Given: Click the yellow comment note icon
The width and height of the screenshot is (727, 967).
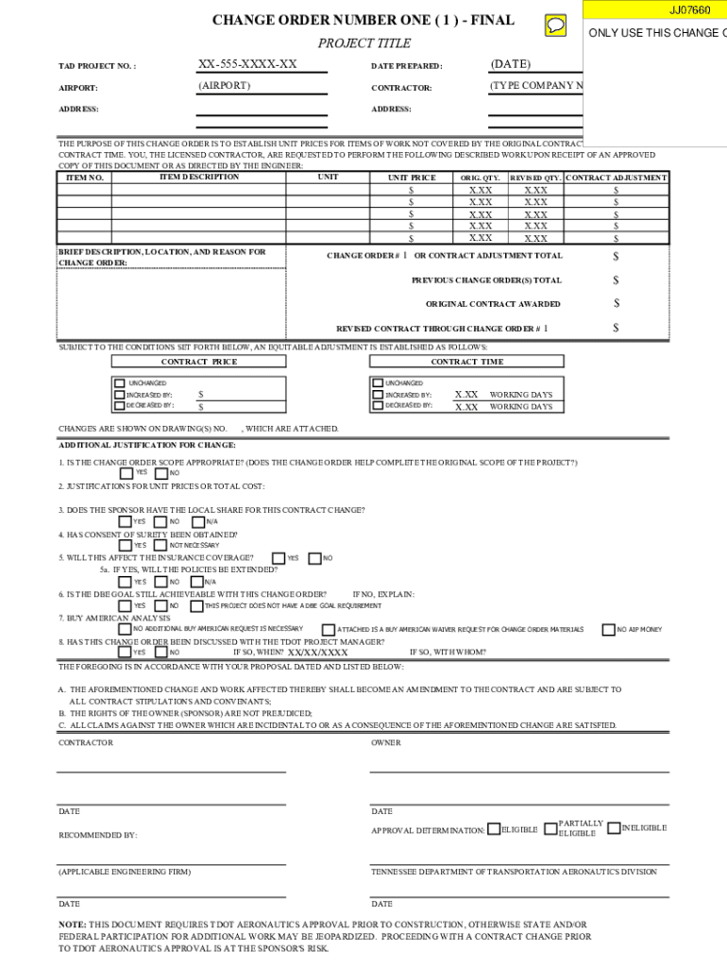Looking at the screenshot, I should tap(556, 25).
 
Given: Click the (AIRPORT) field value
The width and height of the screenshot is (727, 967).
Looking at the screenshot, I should tap(224, 86).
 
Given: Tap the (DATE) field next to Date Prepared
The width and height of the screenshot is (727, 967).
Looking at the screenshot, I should tap(511, 64).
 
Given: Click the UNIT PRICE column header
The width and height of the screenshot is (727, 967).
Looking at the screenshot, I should tap(412, 178).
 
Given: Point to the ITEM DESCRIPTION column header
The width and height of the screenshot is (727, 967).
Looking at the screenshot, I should tap(199, 178).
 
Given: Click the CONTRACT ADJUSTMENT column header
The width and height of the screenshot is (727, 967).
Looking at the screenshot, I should tap(617, 178).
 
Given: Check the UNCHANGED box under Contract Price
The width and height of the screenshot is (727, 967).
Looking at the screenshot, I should tap(120, 383).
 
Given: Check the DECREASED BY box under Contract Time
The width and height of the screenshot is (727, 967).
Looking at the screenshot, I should tap(379, 406).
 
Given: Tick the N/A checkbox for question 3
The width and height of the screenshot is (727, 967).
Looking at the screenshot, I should tap(197, 522).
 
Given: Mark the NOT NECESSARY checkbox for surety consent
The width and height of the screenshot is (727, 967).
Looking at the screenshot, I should tap(161, 545).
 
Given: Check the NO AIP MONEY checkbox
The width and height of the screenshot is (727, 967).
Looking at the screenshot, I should tap(608, 629).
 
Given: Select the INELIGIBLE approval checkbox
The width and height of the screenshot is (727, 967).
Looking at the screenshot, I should tap(614, 829).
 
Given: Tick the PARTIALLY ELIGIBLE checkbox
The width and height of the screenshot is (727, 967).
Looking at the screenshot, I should tap(551, 830).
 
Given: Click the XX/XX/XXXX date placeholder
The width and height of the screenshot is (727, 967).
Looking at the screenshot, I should tap(317, 653).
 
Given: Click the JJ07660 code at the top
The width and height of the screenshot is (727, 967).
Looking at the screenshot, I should tap(689, 10).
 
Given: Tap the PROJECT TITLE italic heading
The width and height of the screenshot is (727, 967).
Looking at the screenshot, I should tap(363, 43).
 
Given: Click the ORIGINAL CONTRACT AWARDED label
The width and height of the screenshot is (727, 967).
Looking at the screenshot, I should tap(493, 304).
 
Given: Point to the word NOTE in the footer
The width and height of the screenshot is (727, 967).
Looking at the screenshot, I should tap(72, 925).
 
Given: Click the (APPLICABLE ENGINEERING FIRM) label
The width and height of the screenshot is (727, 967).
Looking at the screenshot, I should tap(125, 872).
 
